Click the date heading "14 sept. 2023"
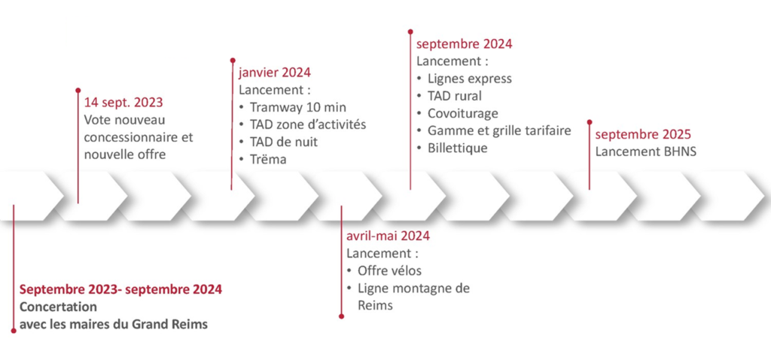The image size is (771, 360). pyautogui.click(x=123, y=102)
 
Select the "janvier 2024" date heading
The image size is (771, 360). pyautogui.click(x=275, y=73)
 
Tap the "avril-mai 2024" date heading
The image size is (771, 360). pyautogui.click(x=388, y=236)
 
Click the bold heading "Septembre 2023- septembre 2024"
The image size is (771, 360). pyautogui.click(x=121, y=289)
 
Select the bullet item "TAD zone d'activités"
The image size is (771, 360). pyautogui.click(x=308, y=124)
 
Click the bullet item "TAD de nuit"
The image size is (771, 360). pyautogui.click(x=284, y=142)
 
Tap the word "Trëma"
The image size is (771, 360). pyautogui.click(x=268, y=160)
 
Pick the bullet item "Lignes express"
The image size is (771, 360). pyautogui.click(x=470, y=78)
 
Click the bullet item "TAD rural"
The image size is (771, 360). pyautogui.click(x=455, y=96)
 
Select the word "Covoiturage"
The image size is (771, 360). pyautogui.click(x=463, y=114)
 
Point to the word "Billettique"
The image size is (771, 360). pyautogui.click(x=457, y=148)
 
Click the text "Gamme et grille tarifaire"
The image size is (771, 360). pyautogui.click(x=500, y=131)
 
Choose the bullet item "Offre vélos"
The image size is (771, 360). pyautogui.click(x=389, y=270)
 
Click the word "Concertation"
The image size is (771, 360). pyautogui.click(x=58, y=307)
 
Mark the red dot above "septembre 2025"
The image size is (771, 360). pyautogui.click(x=590, y=121)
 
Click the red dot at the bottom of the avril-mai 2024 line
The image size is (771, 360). pyautogui.click(x=341, y=316)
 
